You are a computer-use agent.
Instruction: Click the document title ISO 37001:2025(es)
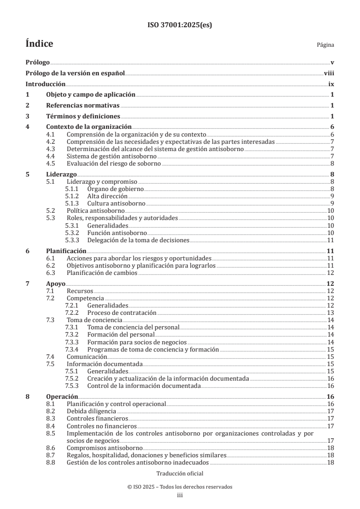click(179, 25)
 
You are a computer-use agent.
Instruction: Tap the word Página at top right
click(325, 45)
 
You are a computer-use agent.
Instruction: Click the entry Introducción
click(45, 84)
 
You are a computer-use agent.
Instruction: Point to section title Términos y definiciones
click(83, 116)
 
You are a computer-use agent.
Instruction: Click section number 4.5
click(51, 164)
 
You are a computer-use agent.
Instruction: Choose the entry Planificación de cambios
click(102, 273)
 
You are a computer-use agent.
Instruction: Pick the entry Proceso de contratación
click(122, 313)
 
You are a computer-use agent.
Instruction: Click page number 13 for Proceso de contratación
click(331, 313)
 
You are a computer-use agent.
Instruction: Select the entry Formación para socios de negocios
click(137, 342)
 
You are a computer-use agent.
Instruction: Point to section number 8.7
click(51, 455)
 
